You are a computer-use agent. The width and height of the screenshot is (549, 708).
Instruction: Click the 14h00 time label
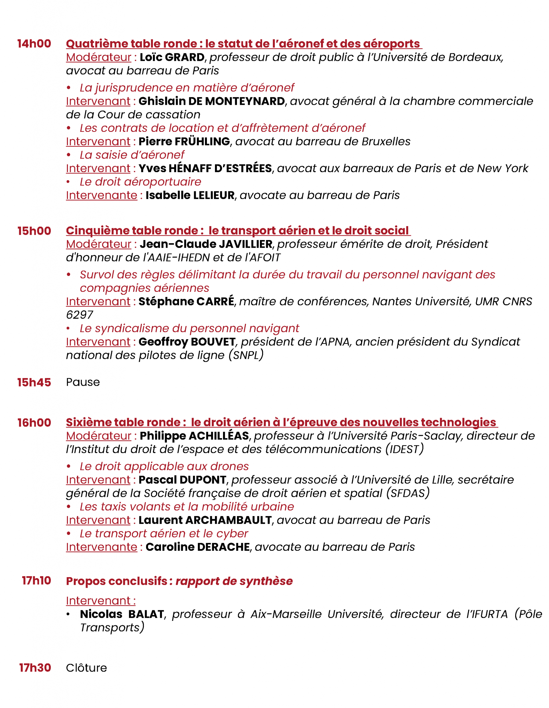[x=34, y=44]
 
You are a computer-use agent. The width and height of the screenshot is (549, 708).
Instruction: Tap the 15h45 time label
[x=34, y=382]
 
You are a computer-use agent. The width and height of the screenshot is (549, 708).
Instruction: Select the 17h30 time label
[x=35, y=668]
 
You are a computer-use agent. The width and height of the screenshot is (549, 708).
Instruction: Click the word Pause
[x=83, y=382]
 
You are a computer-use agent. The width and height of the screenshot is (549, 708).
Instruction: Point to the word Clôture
[x=86, y=668]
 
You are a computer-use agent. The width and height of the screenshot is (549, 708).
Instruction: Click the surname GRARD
[x=185, y=57]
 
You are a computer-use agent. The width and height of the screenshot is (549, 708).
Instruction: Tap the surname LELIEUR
[x=214, y=195]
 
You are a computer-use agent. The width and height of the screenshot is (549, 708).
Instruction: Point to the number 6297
[x=79, y=315]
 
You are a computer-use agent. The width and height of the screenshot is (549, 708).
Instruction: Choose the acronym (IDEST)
[x=404, y=449]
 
